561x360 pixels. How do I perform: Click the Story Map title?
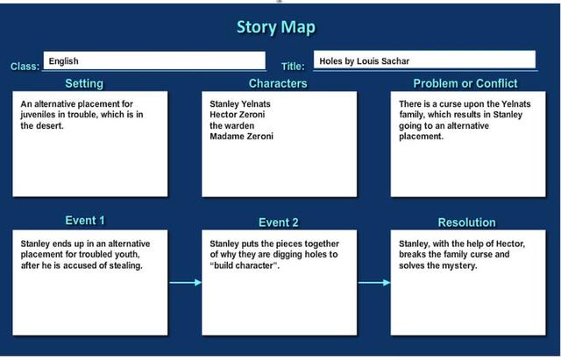click(275, 27)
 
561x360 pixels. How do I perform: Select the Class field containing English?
click(154, 61)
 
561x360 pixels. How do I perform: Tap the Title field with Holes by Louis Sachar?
click(424, 60)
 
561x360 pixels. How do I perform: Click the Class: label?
click(25, 67)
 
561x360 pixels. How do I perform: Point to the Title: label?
click(293, 67)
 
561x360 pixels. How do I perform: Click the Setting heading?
click(84, 84)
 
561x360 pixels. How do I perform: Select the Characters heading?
click(278, 84)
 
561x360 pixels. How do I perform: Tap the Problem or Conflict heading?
click(465, 84)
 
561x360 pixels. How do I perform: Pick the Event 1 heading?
click(85, 221)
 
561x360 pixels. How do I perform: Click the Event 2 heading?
click(278, 222)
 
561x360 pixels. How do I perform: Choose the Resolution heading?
click(466, 222)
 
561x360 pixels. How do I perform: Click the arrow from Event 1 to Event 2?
click(184, 283)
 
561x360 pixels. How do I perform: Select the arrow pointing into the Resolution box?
click(373, 283)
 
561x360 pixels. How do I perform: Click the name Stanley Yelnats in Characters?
click(240, 104)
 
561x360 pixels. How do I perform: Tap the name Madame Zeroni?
click(241, 137)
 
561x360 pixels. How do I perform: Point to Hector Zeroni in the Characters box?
click(238, 115)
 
